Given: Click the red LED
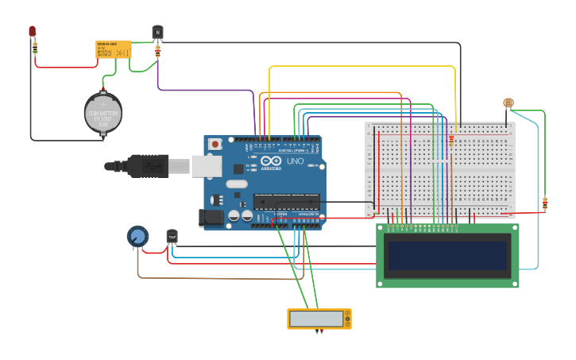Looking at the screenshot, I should pos(32,31).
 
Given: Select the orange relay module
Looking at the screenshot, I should pos(114,49).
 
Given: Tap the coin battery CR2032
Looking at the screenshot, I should pos(103,112).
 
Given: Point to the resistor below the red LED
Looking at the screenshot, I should pos(35,48).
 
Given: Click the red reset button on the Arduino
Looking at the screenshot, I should pos(215,144).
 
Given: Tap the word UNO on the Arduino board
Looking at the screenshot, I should pos(295,161).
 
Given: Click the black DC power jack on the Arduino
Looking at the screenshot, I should pos(211,216).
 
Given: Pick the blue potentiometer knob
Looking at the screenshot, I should pos(137,236).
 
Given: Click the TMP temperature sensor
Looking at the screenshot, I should pos(172,236).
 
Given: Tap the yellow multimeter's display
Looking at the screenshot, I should pos(316,318).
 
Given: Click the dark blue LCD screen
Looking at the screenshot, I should pos(446,256).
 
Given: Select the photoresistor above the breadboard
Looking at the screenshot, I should pos(508,103).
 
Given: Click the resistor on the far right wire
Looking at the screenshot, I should pos(544,203).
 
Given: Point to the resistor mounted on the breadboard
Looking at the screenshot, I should pos(451,140).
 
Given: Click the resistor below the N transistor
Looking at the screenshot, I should pos(157,51).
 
